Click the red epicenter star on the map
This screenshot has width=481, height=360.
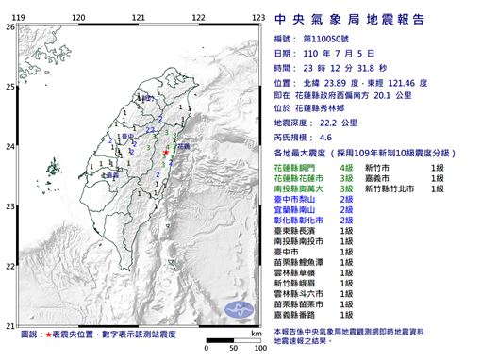point(165,152)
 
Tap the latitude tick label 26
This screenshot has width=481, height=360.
point(10,27)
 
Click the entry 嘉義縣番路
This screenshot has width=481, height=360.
point(299,314)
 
